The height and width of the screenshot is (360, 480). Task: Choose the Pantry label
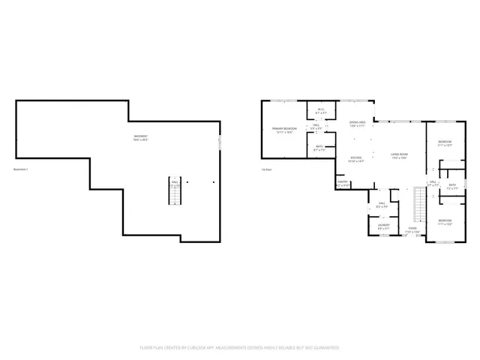pos(343,182)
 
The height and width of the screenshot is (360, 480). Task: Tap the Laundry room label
pos(382,223)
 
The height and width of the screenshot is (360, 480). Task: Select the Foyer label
pos(412,230)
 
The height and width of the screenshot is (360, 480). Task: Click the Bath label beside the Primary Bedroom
pos(319,148)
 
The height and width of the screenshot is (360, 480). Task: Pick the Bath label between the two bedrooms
pos(452,186)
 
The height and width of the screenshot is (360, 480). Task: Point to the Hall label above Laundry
pos(382,204)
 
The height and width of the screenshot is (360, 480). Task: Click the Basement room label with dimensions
pos(141,137)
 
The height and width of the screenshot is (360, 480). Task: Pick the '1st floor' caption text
pos(265,169)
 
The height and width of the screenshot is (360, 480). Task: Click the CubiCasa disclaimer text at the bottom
pos(239,348)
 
